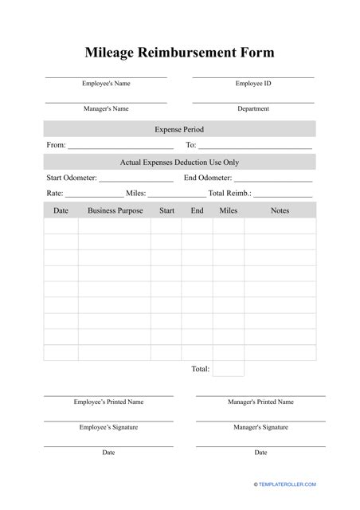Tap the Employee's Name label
click(x=106, y=83)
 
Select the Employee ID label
click(x=253, y=83)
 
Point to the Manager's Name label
click(x=106, y=108)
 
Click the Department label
click(x=253, y=108)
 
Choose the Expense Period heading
click(x=179, y=129)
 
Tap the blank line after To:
click(x=255, y=147)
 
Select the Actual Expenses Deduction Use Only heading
click(x=179, y=162)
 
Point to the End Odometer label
click(x=208, y=178)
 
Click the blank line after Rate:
click(x=94, y=195)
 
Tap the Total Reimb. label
click(x=229, y=193)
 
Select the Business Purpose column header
click(x=115, y=210)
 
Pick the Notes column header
click(x=280, y=210)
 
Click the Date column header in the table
click(x=61, y=210)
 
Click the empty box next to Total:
click(x=229, y=369)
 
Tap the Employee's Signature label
click(x=108, y=427)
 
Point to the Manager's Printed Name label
click(x=260, y=402)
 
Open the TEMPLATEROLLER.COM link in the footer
click(x=286, y=484)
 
